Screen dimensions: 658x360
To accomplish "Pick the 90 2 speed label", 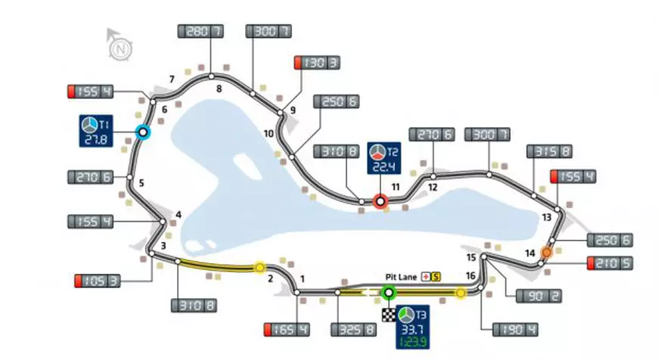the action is [x=538, y=296].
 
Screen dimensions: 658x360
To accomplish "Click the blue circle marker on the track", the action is [x=141, y=132].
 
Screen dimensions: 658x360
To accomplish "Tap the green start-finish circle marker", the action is [x=389, y=293].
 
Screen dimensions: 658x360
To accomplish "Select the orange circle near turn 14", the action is [x=545, y=252].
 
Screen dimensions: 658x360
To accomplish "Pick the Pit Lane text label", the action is [x=402, y=276].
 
